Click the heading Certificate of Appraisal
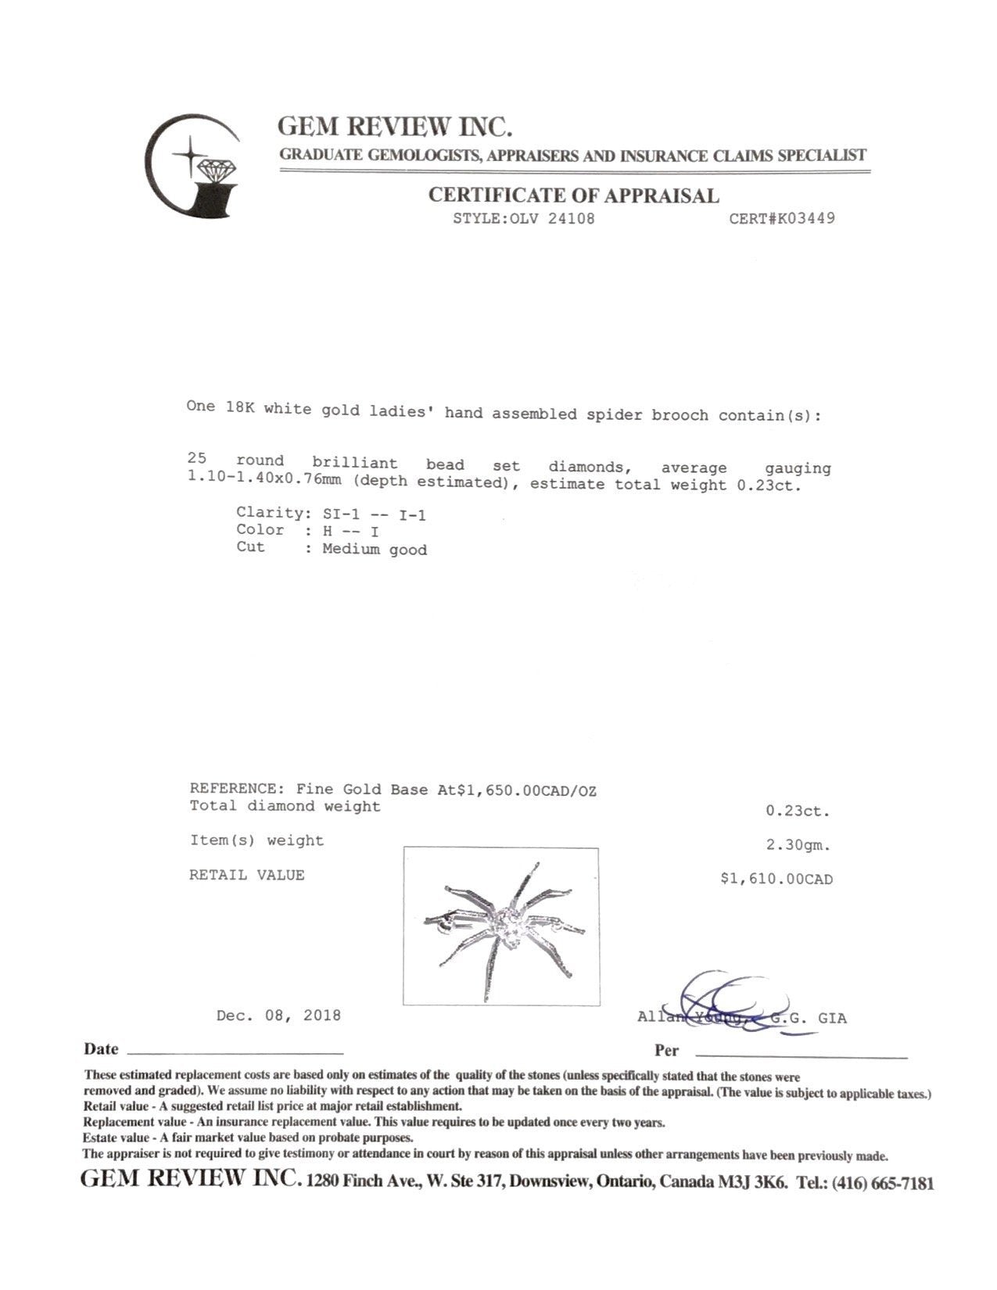click(x=573, y=195)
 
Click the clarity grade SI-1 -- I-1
click(x=374, y=514)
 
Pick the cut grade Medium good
click(x=375, y=550)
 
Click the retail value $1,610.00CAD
click(x=776, y=880)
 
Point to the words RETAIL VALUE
click(x=246, y=876)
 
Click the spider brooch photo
click(x=500, y=926)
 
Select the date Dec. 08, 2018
click(x=278, y=1016)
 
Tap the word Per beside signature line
click(x=666, y=1051)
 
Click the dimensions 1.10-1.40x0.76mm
click(x=267, y=482)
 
